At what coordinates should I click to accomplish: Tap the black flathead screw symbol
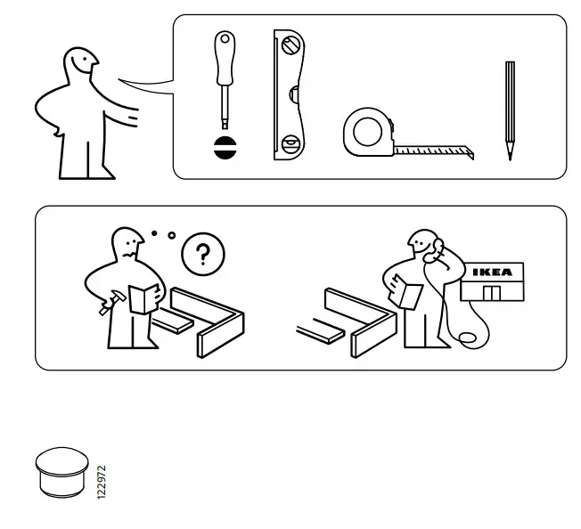coord(222,148)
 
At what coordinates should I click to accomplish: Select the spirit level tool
coord(289,95)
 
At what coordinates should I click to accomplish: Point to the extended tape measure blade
coord(431,151)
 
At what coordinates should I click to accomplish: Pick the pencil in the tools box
coord(510,107)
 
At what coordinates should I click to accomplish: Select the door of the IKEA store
coord(491,293)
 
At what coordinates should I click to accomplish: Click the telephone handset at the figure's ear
coord(434,252)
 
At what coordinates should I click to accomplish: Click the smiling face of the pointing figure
coord(83,63)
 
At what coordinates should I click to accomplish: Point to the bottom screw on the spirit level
coord(288,143)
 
